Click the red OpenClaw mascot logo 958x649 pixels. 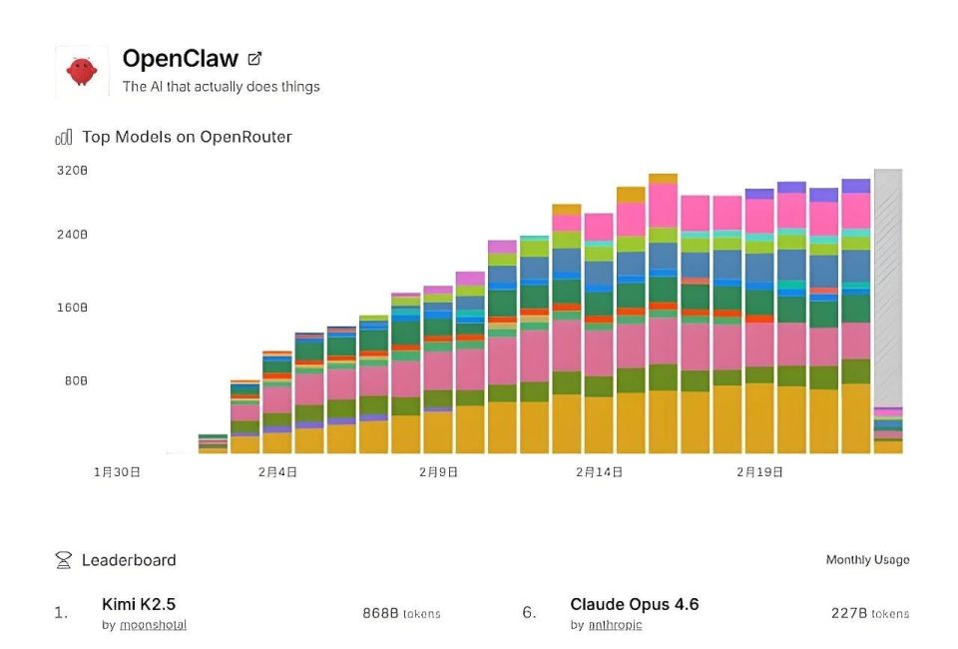(82, 71)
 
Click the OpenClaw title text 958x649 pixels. (180, 59)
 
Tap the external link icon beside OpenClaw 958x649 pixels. (254, 59)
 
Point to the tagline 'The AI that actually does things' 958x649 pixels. (221, 87)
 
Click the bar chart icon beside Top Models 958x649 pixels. (64, 137)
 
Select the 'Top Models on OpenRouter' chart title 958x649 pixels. (187, 137)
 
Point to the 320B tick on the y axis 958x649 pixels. (72, 171)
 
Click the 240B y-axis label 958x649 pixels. (72, 235)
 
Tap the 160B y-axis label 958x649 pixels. (72, 308)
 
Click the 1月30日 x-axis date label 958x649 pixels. (117, 471)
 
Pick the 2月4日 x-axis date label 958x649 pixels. (277, 471)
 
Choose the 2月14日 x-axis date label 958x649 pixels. (599, 471)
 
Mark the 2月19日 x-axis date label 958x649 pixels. (759, 471)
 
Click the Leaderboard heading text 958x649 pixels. (129, 560)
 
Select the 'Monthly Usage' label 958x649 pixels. (867, 560)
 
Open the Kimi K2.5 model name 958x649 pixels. (139, 603)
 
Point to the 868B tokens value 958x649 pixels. (401, 613)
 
